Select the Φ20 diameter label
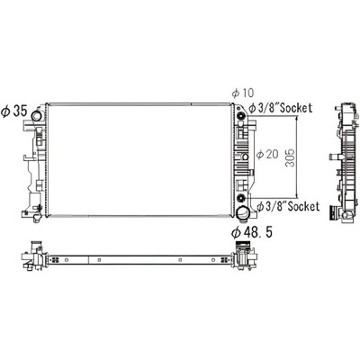266,155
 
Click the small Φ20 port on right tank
244,154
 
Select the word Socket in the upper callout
298,108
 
